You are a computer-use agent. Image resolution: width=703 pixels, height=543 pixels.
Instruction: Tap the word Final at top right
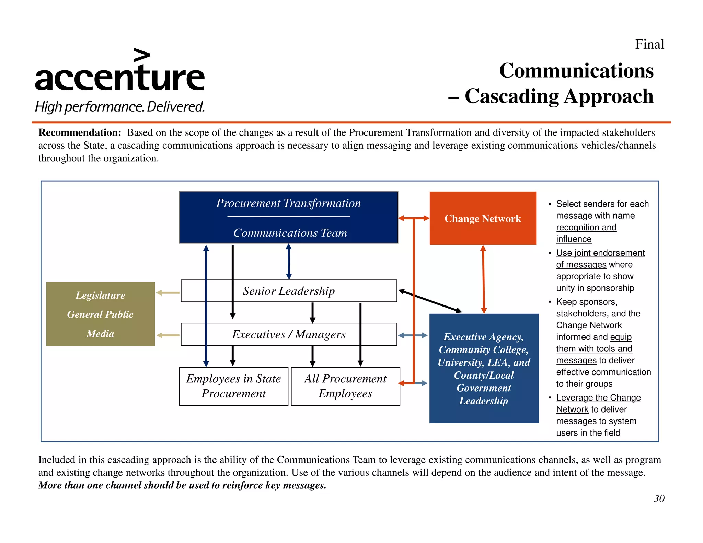[649, 44]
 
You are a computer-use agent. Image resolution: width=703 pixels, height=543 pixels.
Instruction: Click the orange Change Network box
[482, 218]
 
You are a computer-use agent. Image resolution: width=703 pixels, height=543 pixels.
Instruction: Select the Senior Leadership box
[288, 291]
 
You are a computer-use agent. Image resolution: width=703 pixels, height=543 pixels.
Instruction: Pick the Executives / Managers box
[288, 334]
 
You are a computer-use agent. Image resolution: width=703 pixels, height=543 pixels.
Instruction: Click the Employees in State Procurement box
[233, 386]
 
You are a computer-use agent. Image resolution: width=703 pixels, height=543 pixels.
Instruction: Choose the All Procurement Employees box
[345, 386]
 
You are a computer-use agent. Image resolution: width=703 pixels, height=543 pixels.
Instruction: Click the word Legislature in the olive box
[100, 296]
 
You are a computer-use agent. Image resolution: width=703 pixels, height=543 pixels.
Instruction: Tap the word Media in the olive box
[100, 334]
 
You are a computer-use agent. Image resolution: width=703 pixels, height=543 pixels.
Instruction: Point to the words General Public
[100, 314]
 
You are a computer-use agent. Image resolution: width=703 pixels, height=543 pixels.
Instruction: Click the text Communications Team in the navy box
[290, 233]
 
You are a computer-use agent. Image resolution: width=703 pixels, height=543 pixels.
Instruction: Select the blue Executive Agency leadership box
[484, 368]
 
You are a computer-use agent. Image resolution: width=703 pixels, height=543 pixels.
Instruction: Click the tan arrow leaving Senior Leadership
[168, 293]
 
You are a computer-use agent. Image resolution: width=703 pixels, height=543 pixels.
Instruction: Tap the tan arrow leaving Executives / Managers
[168, 335]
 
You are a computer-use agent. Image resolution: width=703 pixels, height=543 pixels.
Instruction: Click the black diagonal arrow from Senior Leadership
[430, 301]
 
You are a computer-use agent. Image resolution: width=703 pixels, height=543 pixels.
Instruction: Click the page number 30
[659, 499]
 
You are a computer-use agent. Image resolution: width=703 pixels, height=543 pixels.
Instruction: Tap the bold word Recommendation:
[80, 132]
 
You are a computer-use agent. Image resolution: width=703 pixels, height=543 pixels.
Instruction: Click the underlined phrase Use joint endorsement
[600, 253]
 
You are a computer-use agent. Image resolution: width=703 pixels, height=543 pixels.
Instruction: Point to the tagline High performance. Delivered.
[120, 107]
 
